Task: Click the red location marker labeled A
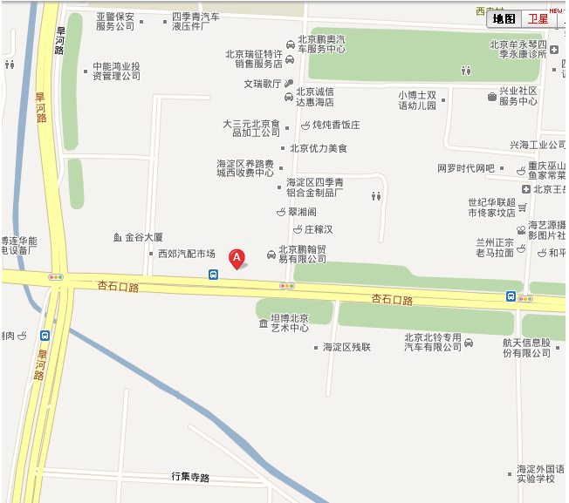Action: [x=236, y=258]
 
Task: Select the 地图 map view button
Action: [x=504, y=18]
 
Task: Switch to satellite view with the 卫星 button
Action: [x=538, y=18]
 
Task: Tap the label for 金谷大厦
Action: [x=144, y=237]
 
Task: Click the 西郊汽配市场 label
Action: [x=186, y=254]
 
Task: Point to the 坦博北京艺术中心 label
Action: [x=288, y=323]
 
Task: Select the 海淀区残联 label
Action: [x=346, y=347]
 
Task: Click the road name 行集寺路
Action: [x=190, y=477]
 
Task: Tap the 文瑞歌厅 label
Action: [x=263, y=84]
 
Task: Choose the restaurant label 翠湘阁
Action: [x=302, y=212]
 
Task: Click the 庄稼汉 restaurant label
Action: [x=319, y=229]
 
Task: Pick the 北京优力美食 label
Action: [x=319, y=148]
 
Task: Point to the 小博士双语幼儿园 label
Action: [x=417, y=100]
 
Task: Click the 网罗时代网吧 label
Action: [x=465, y=168]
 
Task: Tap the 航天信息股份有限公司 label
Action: [x=526, y=347]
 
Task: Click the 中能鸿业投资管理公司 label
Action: [x=116, y=71]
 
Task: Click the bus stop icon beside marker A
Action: [x=214, y=274]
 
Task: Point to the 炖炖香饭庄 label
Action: [x=336, y=125]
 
